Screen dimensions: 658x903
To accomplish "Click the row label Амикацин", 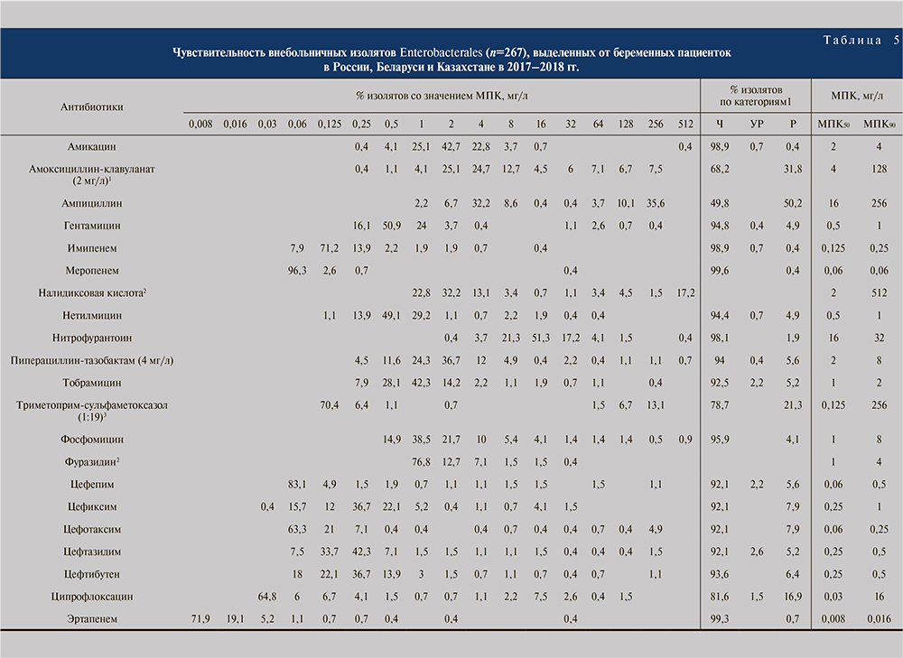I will pos(91,145).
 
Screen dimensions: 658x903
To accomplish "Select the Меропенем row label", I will pos(91,270).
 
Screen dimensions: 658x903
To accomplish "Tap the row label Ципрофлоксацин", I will pos(91,598).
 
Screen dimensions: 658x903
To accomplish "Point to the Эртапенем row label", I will pos(91,619).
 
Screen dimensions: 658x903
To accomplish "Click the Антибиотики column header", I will pos(91,107).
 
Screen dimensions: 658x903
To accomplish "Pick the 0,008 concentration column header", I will pos(200,124).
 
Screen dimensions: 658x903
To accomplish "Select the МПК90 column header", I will pos(875,124).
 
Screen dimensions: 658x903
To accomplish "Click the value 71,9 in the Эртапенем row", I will pos(200,619).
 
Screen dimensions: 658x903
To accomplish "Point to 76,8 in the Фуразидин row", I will pos(420,461).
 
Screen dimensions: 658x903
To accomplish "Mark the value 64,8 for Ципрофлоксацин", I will pos(266,598).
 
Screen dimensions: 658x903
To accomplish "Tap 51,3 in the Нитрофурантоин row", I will pos(543,338).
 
